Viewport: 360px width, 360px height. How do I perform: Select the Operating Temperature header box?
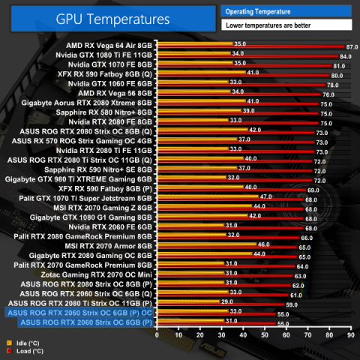(x=285, y=11)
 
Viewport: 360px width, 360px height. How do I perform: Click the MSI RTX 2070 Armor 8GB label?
(x=110, y=246)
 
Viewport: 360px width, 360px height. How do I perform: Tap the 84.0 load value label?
(x=346, y=56)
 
